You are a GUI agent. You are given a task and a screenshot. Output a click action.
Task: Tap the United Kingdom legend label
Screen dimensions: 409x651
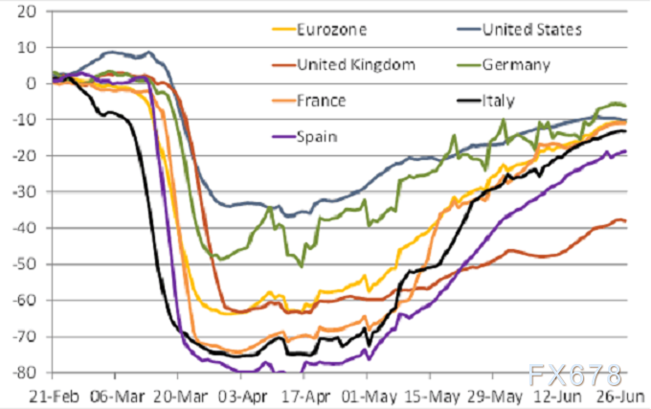pyautogui.click(x=356, y=64)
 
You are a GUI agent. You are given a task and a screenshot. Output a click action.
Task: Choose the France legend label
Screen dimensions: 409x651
pyautogui.click(x=321, y=100)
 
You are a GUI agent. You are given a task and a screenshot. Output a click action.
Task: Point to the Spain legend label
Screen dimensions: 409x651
pyautogui.click(x=318, y=136)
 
